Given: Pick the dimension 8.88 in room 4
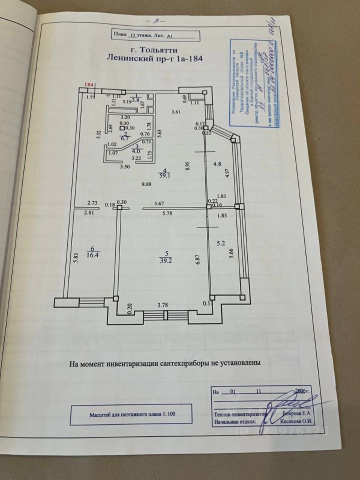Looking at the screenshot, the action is (147, 184).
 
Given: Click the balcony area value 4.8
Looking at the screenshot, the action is (217, 163).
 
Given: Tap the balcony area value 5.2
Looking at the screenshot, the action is (220, 243).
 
